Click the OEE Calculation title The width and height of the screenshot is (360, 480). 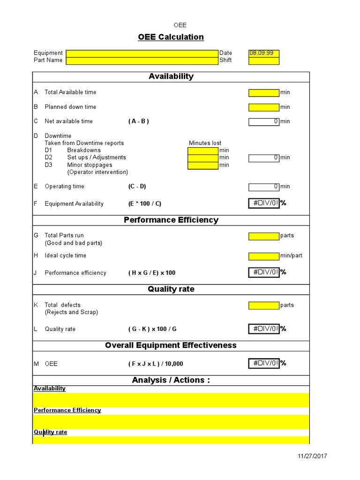tap(171, 37)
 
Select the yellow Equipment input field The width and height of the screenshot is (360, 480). tap(142, 53)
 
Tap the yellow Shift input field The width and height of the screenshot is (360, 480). tap(263, 60)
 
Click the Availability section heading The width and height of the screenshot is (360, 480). tap(171, 76)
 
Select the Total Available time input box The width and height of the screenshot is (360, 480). tap(263, 93)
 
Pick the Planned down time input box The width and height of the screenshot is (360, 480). tap(263, 107)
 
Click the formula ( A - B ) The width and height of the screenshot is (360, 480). tap(138, 121)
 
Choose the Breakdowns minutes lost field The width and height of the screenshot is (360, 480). tap(202, 150)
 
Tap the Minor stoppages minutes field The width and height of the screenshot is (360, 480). tap(202, 165)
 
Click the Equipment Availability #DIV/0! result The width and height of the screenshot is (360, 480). tap(263, 203)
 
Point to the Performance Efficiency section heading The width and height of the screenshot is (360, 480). tap(171, 220)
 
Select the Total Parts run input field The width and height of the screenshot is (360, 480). tap(263, 236)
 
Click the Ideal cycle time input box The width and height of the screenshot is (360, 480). tap(263, 256)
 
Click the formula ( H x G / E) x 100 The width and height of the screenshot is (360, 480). tap(152, 273)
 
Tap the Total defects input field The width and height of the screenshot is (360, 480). tap(263, 305)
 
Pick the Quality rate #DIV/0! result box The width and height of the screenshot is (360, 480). tap(263, 329)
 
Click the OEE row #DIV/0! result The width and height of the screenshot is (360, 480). tap(263, 363)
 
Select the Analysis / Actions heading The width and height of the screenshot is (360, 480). tap(171, 380)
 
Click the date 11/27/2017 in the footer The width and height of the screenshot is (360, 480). tap(313, 456)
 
